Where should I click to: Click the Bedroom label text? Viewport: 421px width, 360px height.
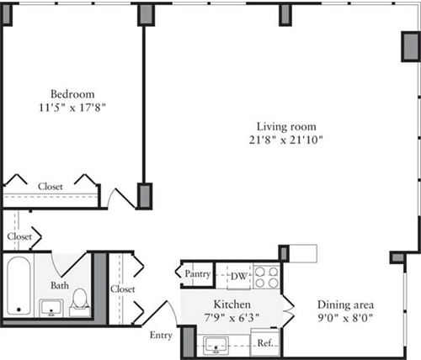(72, 93)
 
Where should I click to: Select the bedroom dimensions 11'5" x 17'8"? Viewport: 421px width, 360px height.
(72, 108)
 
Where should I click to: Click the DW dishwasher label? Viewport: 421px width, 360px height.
(239, 273)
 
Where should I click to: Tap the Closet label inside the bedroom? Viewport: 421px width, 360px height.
(50, 186)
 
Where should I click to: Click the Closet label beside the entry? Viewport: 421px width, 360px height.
(123, 289)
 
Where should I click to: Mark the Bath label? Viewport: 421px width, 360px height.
(59, 285)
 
